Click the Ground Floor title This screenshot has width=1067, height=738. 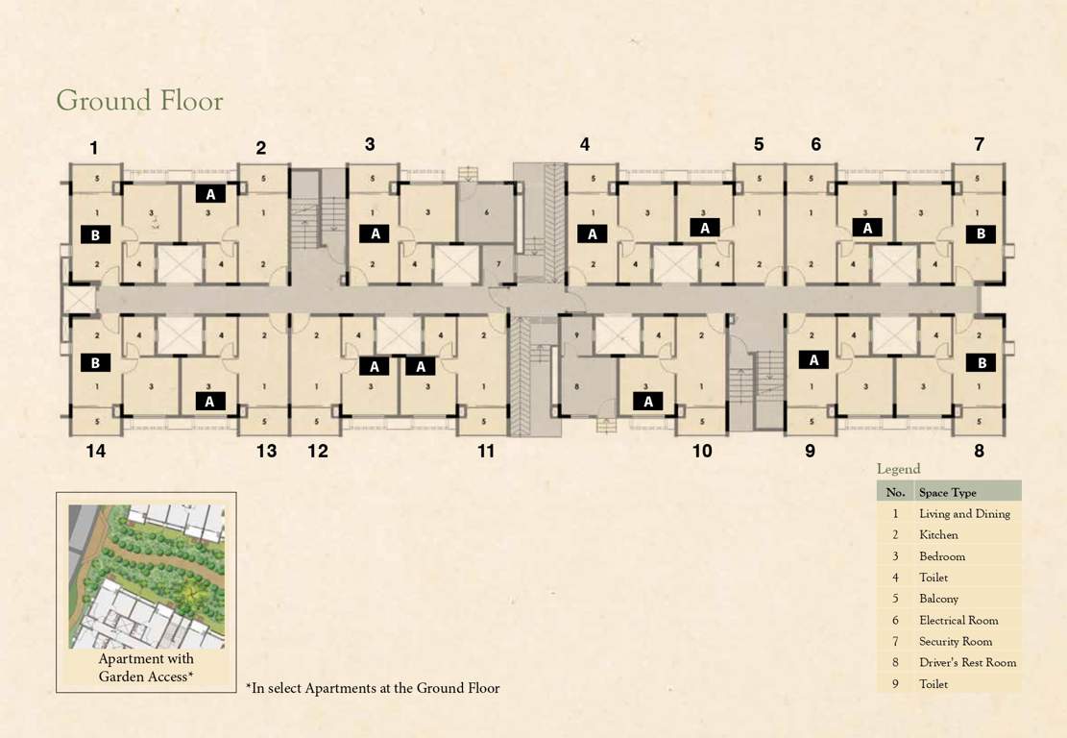point(139,101)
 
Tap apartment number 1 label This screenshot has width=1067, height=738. point(94,148)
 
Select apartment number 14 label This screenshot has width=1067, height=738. point(95,451)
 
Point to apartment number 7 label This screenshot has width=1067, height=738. point(979,145)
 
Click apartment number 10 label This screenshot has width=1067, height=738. point(702,451)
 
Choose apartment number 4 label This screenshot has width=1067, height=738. point(584,145)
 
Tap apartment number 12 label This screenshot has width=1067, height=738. point(318,451)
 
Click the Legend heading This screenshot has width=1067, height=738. point(898,469)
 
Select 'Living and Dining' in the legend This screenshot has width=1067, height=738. point(964,514)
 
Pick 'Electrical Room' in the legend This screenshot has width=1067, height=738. point(958,621)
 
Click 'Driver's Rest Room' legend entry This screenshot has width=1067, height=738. point(967,663)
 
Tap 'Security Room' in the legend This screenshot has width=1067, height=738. point(956,642)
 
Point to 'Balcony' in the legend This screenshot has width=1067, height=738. point(938,600)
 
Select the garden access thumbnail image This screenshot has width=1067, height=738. point(146,576)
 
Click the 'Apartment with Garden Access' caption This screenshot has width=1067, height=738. point(146,668)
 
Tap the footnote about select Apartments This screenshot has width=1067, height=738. point(373,688)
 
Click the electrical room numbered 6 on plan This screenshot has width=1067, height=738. point(487,211)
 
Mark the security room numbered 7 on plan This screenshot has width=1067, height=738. point(497,264)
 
